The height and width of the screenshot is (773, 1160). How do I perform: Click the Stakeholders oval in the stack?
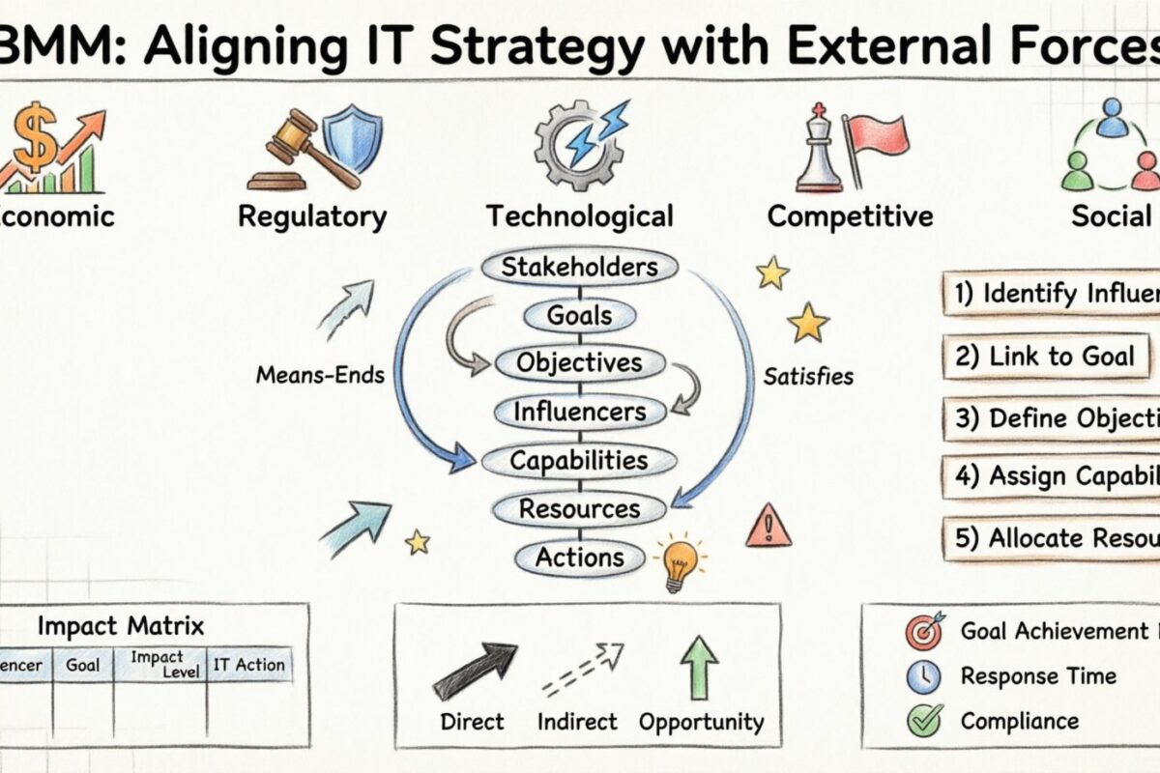pos(579,267)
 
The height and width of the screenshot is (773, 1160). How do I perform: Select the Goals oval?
pos(579,315)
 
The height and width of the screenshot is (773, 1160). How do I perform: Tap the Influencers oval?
pos(579,412)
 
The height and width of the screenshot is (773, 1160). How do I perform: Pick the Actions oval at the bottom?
pos(579,557)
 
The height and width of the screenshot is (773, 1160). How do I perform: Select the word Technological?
pos(579,215)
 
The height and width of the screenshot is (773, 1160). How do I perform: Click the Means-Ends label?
pos(320,374)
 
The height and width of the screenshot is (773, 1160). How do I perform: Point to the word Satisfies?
pos(809,376)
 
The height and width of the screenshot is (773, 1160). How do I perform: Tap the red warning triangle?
pos(768,527)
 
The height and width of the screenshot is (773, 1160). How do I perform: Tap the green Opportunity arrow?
pos(700,667)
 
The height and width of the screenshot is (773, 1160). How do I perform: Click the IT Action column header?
pos(248,665)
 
